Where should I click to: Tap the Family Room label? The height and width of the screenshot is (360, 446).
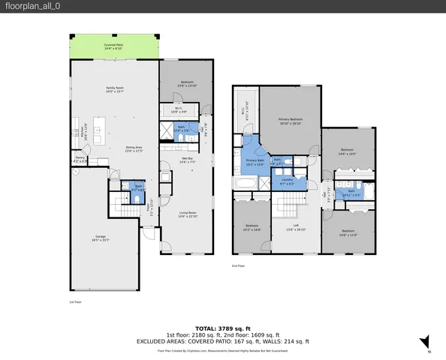[114, 89]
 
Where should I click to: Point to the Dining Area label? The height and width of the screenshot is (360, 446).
[134, 148]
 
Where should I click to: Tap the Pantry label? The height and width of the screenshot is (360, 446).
[79, 158]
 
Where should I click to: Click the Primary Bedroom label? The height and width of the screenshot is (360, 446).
[291, 120]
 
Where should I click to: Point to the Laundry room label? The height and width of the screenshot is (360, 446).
[287, 181]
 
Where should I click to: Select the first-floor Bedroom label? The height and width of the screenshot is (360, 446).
[187, 83]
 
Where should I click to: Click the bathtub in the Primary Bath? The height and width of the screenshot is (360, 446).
[246, 183]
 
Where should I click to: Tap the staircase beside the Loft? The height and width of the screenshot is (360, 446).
[290, 203]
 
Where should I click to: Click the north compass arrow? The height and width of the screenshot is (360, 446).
[424, 342]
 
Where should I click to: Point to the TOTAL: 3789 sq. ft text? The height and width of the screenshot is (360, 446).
[222, 328]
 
